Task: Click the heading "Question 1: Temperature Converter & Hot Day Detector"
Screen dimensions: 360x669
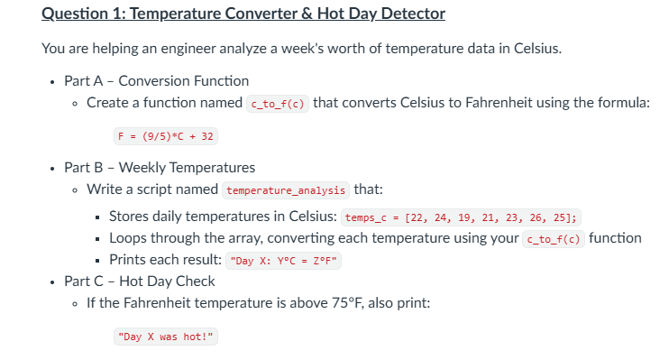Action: pyautogui.click(x=243, y=14)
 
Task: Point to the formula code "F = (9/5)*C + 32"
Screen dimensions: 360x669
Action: pyautogui.click(x=166, y=136)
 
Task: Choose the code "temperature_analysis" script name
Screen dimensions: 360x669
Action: pyautogui.click(x=286, y=190)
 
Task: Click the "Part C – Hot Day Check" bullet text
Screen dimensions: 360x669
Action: pyautogui.click(x=139, y=281)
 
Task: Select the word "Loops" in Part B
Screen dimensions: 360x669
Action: pyautogui.click(x=129, y=238)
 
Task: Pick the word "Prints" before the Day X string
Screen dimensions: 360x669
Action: pyautogui.click(x=129, y=260)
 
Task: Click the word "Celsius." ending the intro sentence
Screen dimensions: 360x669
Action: pyautogui.click(x=533, y=48)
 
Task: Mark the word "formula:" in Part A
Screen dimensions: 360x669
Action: pyautogui.click(x=621, y=102)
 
